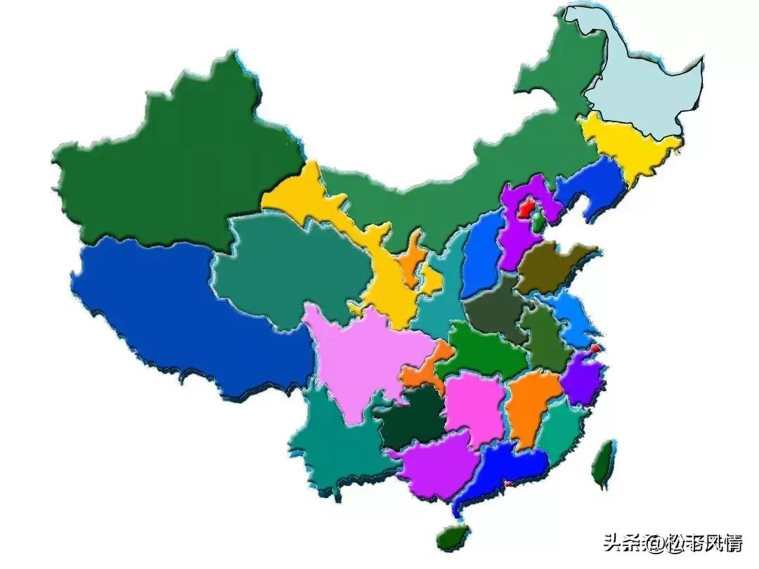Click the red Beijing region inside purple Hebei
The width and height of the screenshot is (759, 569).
pos(525,208)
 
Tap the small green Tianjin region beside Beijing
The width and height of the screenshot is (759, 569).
pos(538,223)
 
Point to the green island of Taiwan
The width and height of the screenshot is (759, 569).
pos(602,464)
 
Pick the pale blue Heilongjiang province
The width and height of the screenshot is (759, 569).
pos(643,77)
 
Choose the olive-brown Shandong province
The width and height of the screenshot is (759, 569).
pos(552,267)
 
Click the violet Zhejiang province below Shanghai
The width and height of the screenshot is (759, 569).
pos(582,379)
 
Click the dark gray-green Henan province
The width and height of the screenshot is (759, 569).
pos(495,309)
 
